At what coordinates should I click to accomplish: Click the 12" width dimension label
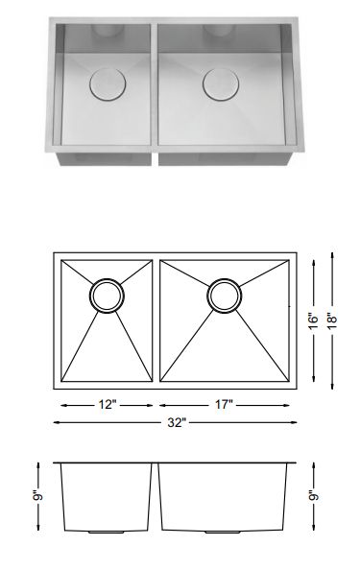point(108,405)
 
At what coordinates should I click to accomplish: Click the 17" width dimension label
point(227,405)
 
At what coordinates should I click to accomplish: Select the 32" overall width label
point(175,423)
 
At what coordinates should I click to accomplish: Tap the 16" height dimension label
point(311,319)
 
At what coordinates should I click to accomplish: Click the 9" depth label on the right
point(312,497)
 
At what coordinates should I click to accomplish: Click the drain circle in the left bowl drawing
point(107,295)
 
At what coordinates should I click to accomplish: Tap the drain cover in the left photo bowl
point(103,85)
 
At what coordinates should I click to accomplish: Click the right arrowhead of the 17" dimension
point(291,405)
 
